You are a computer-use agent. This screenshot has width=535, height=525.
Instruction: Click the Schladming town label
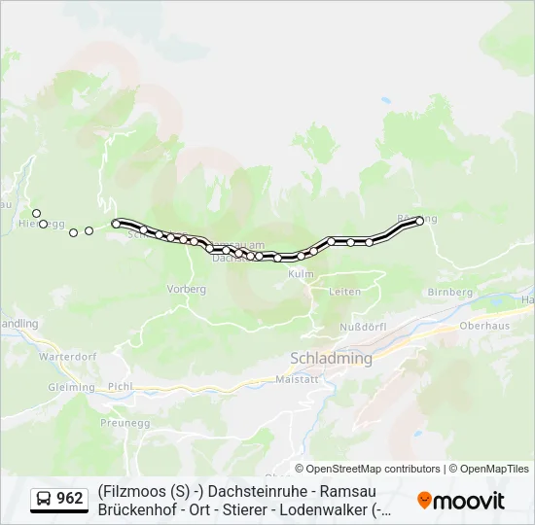click(x=331, y=359)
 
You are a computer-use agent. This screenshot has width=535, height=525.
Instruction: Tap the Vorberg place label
click(x=187, y=289)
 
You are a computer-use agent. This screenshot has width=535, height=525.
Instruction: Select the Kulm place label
click(x=302, y=275)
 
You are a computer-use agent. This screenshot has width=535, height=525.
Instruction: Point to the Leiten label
click(x=345, y=292)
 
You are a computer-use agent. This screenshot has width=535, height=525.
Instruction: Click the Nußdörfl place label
click(x=363, y=326)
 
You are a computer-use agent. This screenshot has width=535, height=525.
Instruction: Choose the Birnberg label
click(x=449, y=292)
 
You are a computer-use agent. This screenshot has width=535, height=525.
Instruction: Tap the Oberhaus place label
click(x=482, y=326)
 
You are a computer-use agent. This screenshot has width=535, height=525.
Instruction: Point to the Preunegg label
click(x=123, y=423)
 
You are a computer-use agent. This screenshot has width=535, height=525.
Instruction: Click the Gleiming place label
click(x=71, y=387)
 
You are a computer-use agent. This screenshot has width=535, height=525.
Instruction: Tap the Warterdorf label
click(x=67, y=357)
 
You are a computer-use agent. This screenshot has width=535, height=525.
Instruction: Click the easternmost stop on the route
click(x=420, y=221)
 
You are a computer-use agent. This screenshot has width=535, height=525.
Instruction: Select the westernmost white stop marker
click(x=36, y=213)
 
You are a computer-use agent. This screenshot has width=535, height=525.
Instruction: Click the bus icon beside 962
click(x=44, y=499)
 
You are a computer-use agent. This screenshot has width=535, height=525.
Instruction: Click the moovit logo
click(x=461, y=501)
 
